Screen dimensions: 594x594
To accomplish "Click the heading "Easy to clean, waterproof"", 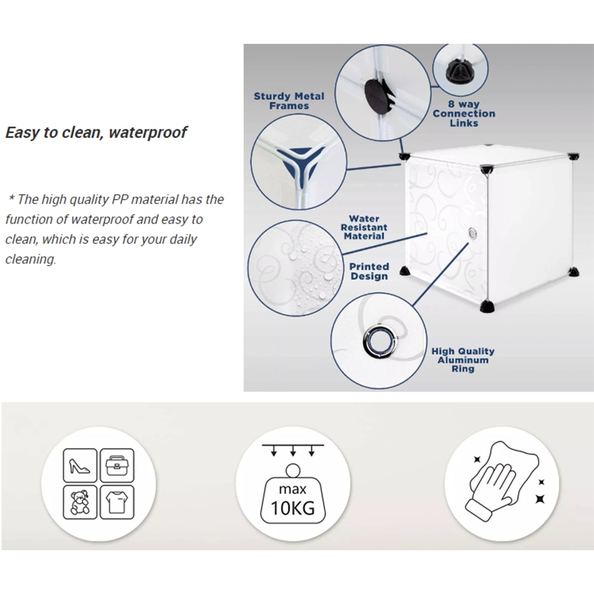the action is (96, 132).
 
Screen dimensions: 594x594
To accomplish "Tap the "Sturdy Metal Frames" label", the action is (289, 101).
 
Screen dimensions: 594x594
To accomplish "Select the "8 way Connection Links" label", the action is (463, 113).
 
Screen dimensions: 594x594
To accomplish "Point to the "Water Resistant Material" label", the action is (364, 228).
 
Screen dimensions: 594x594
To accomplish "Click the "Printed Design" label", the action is (369, 271).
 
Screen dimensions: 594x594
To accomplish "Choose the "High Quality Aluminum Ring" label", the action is (463, 360).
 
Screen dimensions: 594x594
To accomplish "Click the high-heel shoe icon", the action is (80, 465).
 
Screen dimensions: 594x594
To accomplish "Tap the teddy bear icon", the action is (80, 502).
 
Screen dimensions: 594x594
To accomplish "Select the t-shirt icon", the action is (117, 502).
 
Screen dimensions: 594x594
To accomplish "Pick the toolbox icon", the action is (117, 465).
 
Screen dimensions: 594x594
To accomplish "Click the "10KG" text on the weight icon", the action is (292, 508).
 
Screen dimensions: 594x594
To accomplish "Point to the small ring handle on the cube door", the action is (472, 233).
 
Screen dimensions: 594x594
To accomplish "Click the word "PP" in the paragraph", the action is (119, 199).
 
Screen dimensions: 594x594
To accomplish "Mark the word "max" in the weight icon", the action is (292, 489).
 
